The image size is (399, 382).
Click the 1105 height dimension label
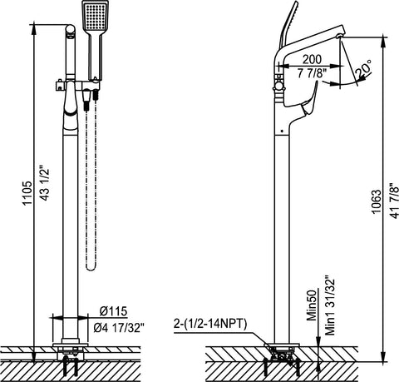pyautogui.click(x=27, y=193)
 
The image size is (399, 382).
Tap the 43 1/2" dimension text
pyautogui.click(x=45, y=183)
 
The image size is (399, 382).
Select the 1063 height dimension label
pyautogui.click(x=377, y=201)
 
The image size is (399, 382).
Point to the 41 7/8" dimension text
pyautogui.click(x=394, y=201)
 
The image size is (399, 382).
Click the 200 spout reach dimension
pyautogui.click(x=312, y=59)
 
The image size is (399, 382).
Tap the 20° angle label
pyautogui.click(x=363, y=68)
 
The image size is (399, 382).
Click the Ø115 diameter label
pyautogui.click(x=113, y=311)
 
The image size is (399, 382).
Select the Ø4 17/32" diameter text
pyautogui.click(x=119, y=328)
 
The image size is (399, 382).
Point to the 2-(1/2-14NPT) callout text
pyautogui.click(x=210, y=324)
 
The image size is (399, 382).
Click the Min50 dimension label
pyautogui.click(x=312, y=305)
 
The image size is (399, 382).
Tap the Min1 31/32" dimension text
pyautogui.click(x=330, y=305)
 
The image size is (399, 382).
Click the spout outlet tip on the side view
pyautogui.click(x=339, y=37)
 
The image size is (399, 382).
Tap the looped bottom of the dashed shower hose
pyautogui.click(x=91, y=267)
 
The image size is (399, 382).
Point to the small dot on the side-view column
pyautogui.click(x=282, y=131)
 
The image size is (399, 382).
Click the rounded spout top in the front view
pyautogui.click(x=71, y=31)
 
